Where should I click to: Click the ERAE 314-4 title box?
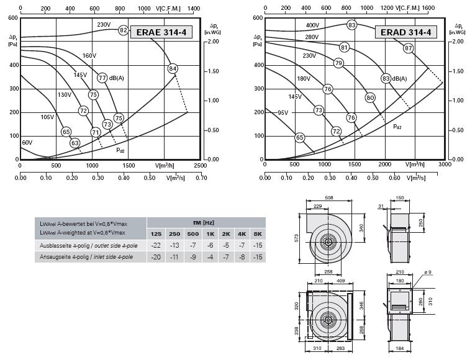[161, 32]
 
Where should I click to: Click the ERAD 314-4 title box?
[406, 32]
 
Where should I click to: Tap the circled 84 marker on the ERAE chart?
[173, 69]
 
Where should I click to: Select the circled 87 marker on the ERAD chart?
[409, 48]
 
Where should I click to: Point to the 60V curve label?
[27, 142]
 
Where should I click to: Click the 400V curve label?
[312, 25]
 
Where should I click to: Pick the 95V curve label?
[283, 112]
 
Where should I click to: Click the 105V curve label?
[47, 117]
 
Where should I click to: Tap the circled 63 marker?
[75, 143]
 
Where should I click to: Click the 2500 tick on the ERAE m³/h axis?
[200, 165]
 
